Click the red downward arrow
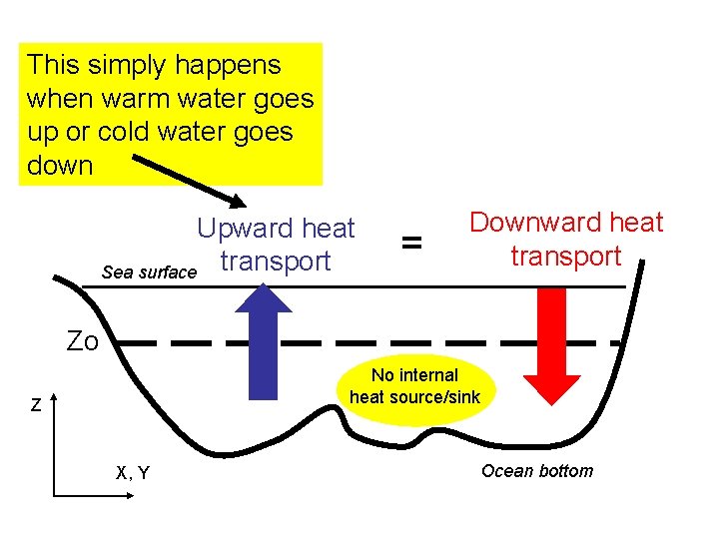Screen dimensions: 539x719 [552, 344]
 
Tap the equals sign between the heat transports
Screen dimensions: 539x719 [410, 243]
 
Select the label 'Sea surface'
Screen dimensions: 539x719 [150, 271]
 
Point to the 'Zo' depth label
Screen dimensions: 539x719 [82, 341]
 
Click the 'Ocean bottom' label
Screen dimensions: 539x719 [536, 471]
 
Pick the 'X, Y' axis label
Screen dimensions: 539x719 [133, 472]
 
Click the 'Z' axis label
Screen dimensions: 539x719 [35, 406]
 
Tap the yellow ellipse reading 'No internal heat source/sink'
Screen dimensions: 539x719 [414, 386]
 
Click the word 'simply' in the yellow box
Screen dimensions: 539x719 [120, 67]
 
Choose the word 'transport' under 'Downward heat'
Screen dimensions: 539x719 [565, 256]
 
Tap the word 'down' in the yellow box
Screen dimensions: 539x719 [60, 165]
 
